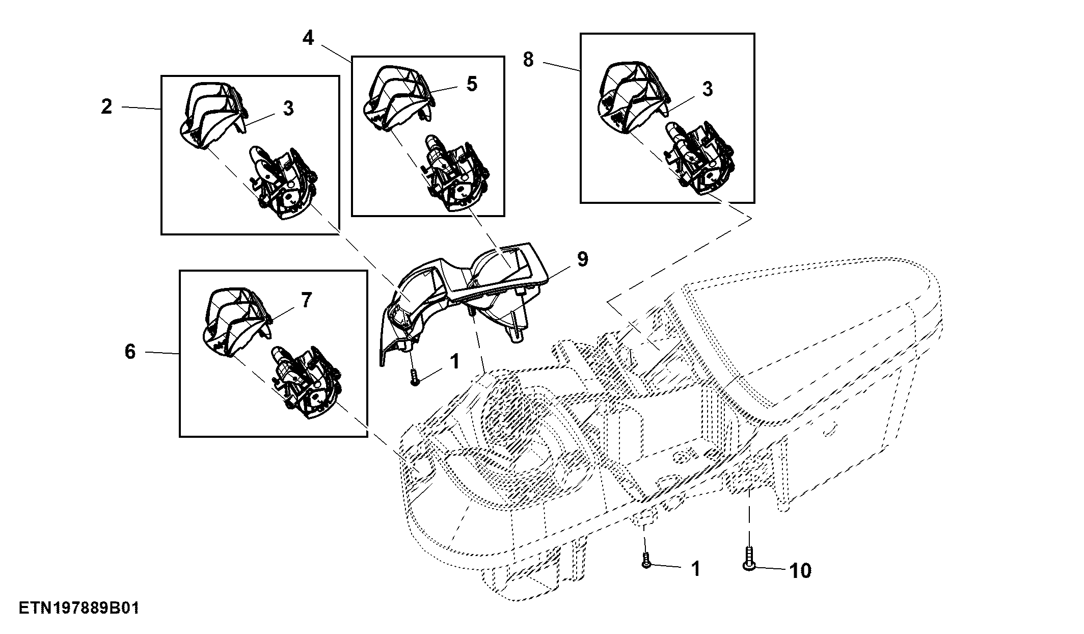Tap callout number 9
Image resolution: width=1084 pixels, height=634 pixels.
tap(583, 259)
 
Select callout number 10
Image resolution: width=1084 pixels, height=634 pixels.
tap(800, 570)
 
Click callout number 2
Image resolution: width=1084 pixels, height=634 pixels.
tap(106, 107)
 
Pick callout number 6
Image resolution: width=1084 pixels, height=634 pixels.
tap(130, 351)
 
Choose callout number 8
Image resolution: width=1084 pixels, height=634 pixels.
tap(528, 60)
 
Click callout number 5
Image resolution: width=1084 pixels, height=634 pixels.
tap(472, 84)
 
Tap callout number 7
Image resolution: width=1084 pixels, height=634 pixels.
tap(306, 300)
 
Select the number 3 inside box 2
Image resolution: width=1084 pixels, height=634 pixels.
tap(288, 108)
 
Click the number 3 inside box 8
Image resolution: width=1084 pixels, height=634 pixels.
tap(708, 89)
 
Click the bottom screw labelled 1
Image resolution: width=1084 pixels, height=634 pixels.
tap(646, 560)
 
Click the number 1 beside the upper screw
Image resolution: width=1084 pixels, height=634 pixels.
tap(455, 361)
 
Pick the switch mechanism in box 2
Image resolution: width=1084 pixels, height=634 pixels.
tap(282, 182)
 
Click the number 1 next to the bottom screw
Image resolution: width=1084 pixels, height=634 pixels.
tap(695, 569)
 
